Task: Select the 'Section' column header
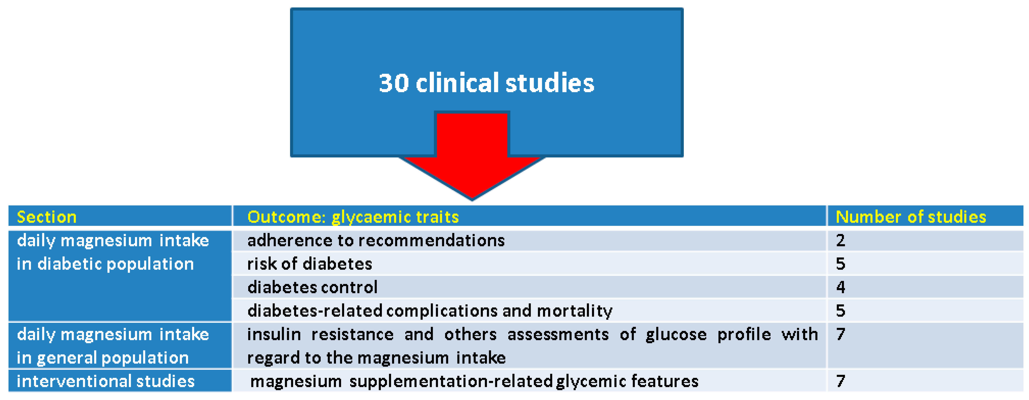click(47, 217)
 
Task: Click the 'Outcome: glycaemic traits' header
click(353, 217)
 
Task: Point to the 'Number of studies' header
click(911, 217)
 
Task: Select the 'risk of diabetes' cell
click(310, 264)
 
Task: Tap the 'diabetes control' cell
click(312, 287)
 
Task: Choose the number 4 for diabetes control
click(840, 287)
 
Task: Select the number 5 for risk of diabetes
click(840, 264)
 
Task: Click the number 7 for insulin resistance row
click(840, 334)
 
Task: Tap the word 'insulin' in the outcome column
click(274, 334)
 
